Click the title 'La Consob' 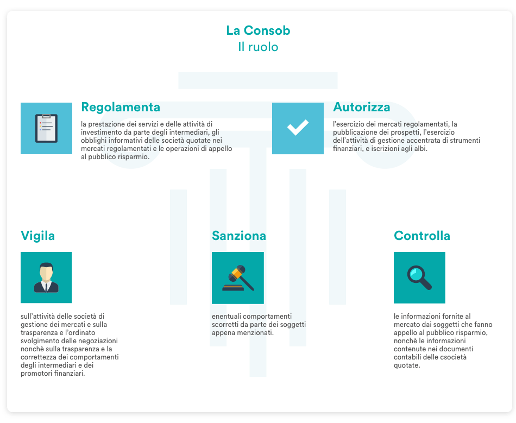(258, 30)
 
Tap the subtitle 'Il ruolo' (258, 47)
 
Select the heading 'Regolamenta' (121, 107)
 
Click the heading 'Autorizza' (361, 107)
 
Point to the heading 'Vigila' (37, 236)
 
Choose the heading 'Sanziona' (239, 236)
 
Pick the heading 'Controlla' (422, 236)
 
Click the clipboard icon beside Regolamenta (46, 128)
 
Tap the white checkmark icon (298, 127)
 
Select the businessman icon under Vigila (46, 277)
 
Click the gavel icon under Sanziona (238, 278)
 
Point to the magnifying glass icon (419, 277)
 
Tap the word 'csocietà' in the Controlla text (453, 357)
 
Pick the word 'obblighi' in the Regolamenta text (93, 141)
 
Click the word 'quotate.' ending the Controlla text (407, 365)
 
